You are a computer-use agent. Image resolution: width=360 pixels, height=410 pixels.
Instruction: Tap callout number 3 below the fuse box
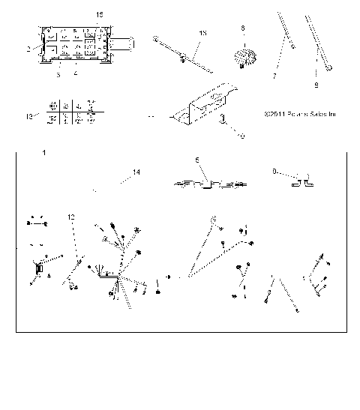[x=58, y=73]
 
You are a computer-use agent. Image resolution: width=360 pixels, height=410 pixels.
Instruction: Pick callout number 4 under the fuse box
[x=76, y=73]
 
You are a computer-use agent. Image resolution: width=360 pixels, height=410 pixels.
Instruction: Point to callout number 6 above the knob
[x=242, y=28]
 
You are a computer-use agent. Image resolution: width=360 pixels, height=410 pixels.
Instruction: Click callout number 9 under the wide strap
[x=316, y=85]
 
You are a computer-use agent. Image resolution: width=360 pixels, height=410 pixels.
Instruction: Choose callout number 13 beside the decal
[x=29, y=118]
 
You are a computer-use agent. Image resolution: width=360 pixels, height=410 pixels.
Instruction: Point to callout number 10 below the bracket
[x=241, y=136]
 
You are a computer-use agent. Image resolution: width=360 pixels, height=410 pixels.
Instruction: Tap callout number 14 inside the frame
[x=136, y=172]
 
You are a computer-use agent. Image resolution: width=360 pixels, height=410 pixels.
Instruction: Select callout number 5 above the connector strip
[x=196, y=160]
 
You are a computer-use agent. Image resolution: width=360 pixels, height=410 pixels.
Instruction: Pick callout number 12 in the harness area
[x=72, y=216]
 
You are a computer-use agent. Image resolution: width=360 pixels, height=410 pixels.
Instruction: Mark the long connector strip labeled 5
[x=209, y=182]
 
